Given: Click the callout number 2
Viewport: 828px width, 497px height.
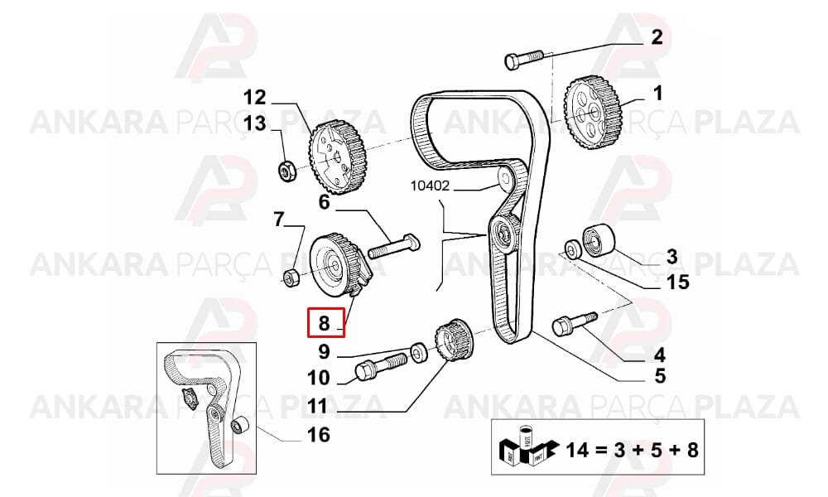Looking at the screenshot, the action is pyautogui.click(x=657, y=37).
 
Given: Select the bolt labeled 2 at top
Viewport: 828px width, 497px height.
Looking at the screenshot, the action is pyautogui.click(x=524, y=59).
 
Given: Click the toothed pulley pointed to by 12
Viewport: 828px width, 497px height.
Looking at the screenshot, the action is pyautogui.click(x=337, y=157).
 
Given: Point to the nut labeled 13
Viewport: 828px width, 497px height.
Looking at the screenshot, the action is pyautogui.click(x=286, y=171).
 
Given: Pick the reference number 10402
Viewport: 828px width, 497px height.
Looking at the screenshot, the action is pyautogui.click(x=430, y=186).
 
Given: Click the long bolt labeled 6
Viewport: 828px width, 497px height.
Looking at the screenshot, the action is pyautogui.click(x=393, y=247).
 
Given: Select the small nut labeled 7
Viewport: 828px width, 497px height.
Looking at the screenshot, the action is pyautogui.click(x=291, y=277).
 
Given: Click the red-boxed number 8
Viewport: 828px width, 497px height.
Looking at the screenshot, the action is pyautogui.click(x=324, y=323).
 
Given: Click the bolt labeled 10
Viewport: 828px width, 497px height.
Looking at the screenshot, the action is pyautogui.click(x=380, y=366).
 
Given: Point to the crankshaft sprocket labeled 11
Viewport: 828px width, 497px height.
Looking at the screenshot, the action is pyautogui.click(x=455, y=341).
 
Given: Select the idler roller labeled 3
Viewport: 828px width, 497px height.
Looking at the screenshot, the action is pyautogui.click(x=599, y=240).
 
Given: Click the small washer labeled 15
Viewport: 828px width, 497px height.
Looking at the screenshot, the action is pyautogui.click(x=572, y=249).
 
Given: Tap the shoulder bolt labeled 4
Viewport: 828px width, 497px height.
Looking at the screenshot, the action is pyautogui.click(x=574, y=324).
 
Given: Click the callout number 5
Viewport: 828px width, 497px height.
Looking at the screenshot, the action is pyautogui.click(x=660, y=377).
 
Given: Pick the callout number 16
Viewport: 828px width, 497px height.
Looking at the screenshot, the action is pyautogui.click(x=319, y=435).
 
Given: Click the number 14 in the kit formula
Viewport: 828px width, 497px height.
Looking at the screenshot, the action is pyautogui.click(x=576, y=451).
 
